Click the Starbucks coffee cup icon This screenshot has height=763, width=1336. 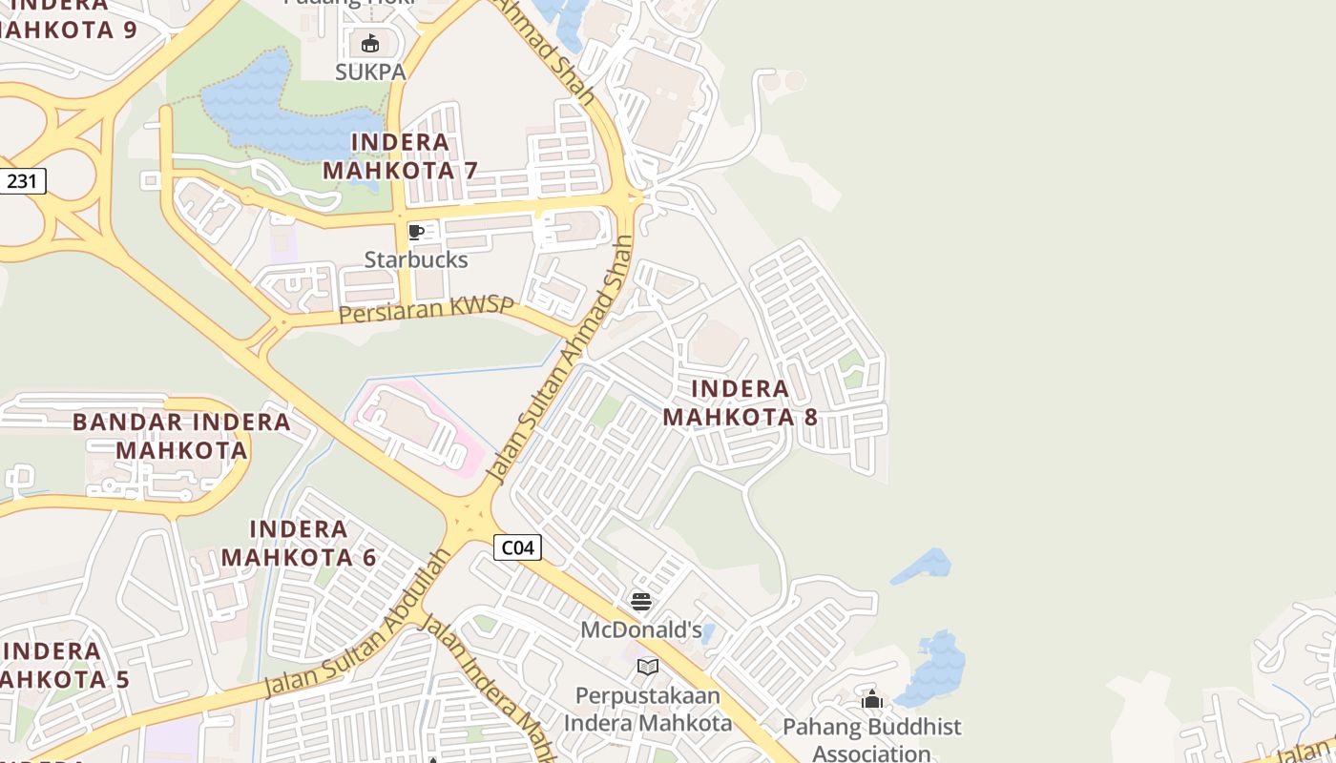pyautogui.click(x=416, y=232)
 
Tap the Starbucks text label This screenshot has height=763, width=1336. pyautogui.click(x=416, y=259)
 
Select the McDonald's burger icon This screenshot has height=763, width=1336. pyautogui.click(x=641, y=602)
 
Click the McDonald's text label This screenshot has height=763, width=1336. pyautogui.click(x=641, y=629)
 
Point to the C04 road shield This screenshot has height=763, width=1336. pyautogui.click(x=517, y=547)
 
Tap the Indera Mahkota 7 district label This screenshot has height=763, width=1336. pyautogui.click(x=400, y=156)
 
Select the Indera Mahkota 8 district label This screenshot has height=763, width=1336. pyautogui.click(x=741, y=402)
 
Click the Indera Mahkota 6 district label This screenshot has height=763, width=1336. pyautogui.click(x=299, y=543)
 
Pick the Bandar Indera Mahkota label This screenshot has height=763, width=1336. pyautogui.click(x=181, y=435)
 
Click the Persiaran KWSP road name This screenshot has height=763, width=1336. pyautogui.click(x=427, y=309)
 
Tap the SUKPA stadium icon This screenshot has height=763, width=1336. pyautogui.click(x=370, y=44)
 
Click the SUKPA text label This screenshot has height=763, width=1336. pyautogui.click(x=370, y=72)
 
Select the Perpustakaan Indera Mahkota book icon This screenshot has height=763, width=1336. pyautogui.click(x=648, y=667)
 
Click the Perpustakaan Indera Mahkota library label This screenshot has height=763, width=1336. pyautogui.click(x=648, y=709)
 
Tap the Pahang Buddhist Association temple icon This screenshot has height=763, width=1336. pyautogui.click(x=872, y=699)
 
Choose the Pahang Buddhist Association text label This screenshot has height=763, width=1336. pyautogui.click(x=872, y=740)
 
